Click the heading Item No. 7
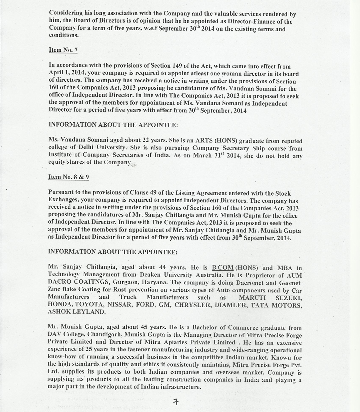pyautogui.click(x=63, y=50)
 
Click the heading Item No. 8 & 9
pyautogui.click(x=69, y=177)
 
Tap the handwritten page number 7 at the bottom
pyautogui.click(x=175, y=402)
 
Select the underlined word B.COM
pyautogui.click(x=223, y=268)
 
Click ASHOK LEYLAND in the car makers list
pyautogui.click(x=77, y=312)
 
